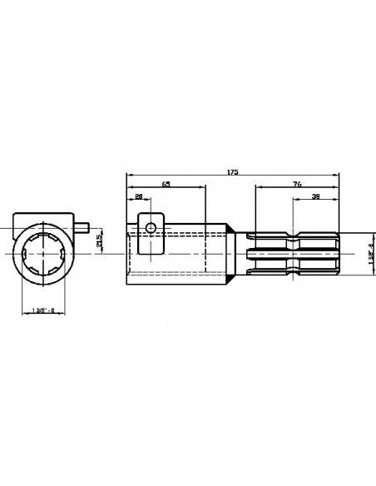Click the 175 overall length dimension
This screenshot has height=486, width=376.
232,171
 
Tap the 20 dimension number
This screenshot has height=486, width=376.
138,196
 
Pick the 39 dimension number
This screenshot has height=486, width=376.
315,197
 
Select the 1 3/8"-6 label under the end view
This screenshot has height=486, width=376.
42,310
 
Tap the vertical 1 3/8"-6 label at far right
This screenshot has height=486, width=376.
369,253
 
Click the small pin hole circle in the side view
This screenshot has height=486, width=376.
150,227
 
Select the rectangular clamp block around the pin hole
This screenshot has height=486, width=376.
150,237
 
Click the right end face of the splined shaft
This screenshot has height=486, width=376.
339,253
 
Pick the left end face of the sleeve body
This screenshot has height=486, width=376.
126,253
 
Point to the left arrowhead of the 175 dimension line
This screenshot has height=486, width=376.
127,176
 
